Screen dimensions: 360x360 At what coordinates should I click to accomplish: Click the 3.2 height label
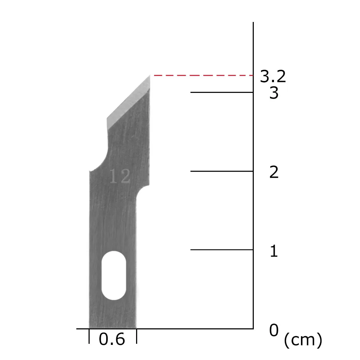273,76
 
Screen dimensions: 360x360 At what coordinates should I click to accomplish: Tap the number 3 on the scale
274,93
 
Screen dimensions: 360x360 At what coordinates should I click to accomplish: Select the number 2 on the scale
274,172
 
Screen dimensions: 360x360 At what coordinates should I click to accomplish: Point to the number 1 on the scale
274,251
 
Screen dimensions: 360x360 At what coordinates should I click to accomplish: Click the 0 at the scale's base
274,330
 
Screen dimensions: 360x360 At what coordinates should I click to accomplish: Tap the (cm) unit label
303,340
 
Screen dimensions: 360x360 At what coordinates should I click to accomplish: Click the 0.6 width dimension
112,339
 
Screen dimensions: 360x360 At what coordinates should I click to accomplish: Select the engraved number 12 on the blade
120,176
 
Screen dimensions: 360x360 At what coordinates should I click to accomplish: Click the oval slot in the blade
114,275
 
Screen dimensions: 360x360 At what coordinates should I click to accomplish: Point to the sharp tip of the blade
150,75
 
